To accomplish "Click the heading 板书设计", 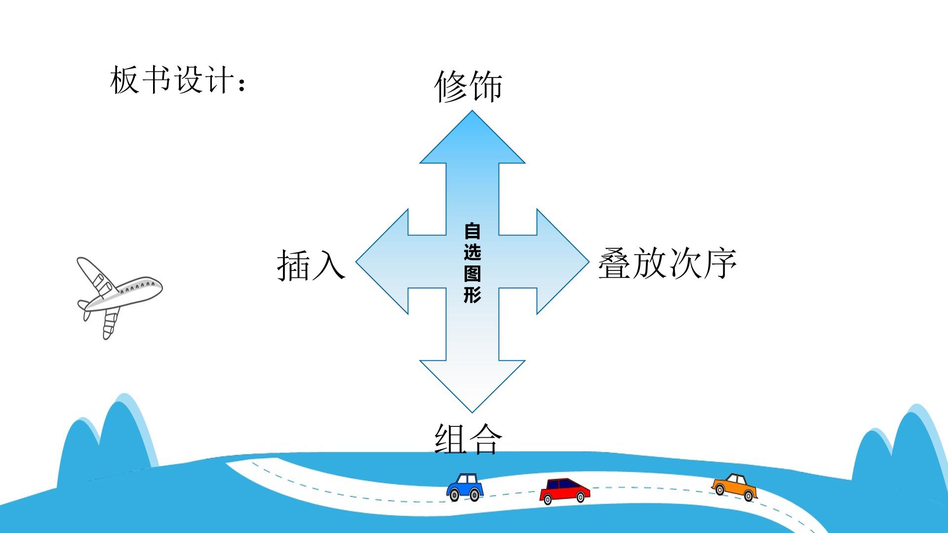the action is coord(171,80).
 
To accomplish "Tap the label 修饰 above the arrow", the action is coord(468,86).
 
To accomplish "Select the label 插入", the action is coord(311,265).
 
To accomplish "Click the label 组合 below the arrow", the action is coord(468,439).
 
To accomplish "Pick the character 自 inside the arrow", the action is coord(472,231).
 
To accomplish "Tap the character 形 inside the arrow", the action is coord(472,295).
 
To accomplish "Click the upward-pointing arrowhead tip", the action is coord(472,111).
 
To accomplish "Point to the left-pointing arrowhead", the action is coord(382,261).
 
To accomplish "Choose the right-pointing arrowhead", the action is coord(562,261).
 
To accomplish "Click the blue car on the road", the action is coord(465,487).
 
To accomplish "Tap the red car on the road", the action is coord(564,491).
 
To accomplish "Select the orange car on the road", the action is coord(734,487).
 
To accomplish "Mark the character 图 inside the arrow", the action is coord(472,273).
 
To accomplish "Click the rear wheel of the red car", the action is coord(547,499).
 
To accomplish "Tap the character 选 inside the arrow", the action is coord(472,252).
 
